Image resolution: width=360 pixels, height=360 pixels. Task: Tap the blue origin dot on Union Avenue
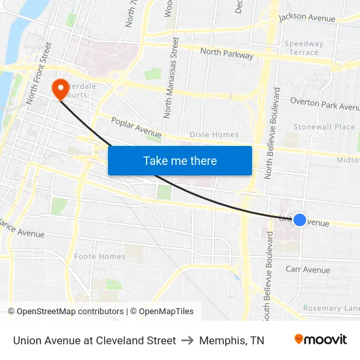(x=299, y=220)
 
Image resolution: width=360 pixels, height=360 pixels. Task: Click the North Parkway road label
(x=226, y=54)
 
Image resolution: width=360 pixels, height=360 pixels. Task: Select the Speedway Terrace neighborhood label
(x=304, y=48)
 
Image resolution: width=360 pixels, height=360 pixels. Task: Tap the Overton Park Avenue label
(x=325, y=104)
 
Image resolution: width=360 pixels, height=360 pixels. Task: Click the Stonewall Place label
(x=324, y=126)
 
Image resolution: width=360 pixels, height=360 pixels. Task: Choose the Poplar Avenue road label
(x=136, y=127)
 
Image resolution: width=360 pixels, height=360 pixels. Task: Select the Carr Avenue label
(x=308, y=270)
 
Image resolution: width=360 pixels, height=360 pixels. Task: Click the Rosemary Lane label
(x=331, y=308)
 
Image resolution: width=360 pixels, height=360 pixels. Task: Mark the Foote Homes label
(x=99, y=257)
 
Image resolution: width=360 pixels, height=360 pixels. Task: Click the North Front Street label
(x=39, y=74)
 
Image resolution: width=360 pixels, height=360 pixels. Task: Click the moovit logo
(x=320, y=340)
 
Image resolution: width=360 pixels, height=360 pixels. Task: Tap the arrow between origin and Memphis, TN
(x=187, y=340)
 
